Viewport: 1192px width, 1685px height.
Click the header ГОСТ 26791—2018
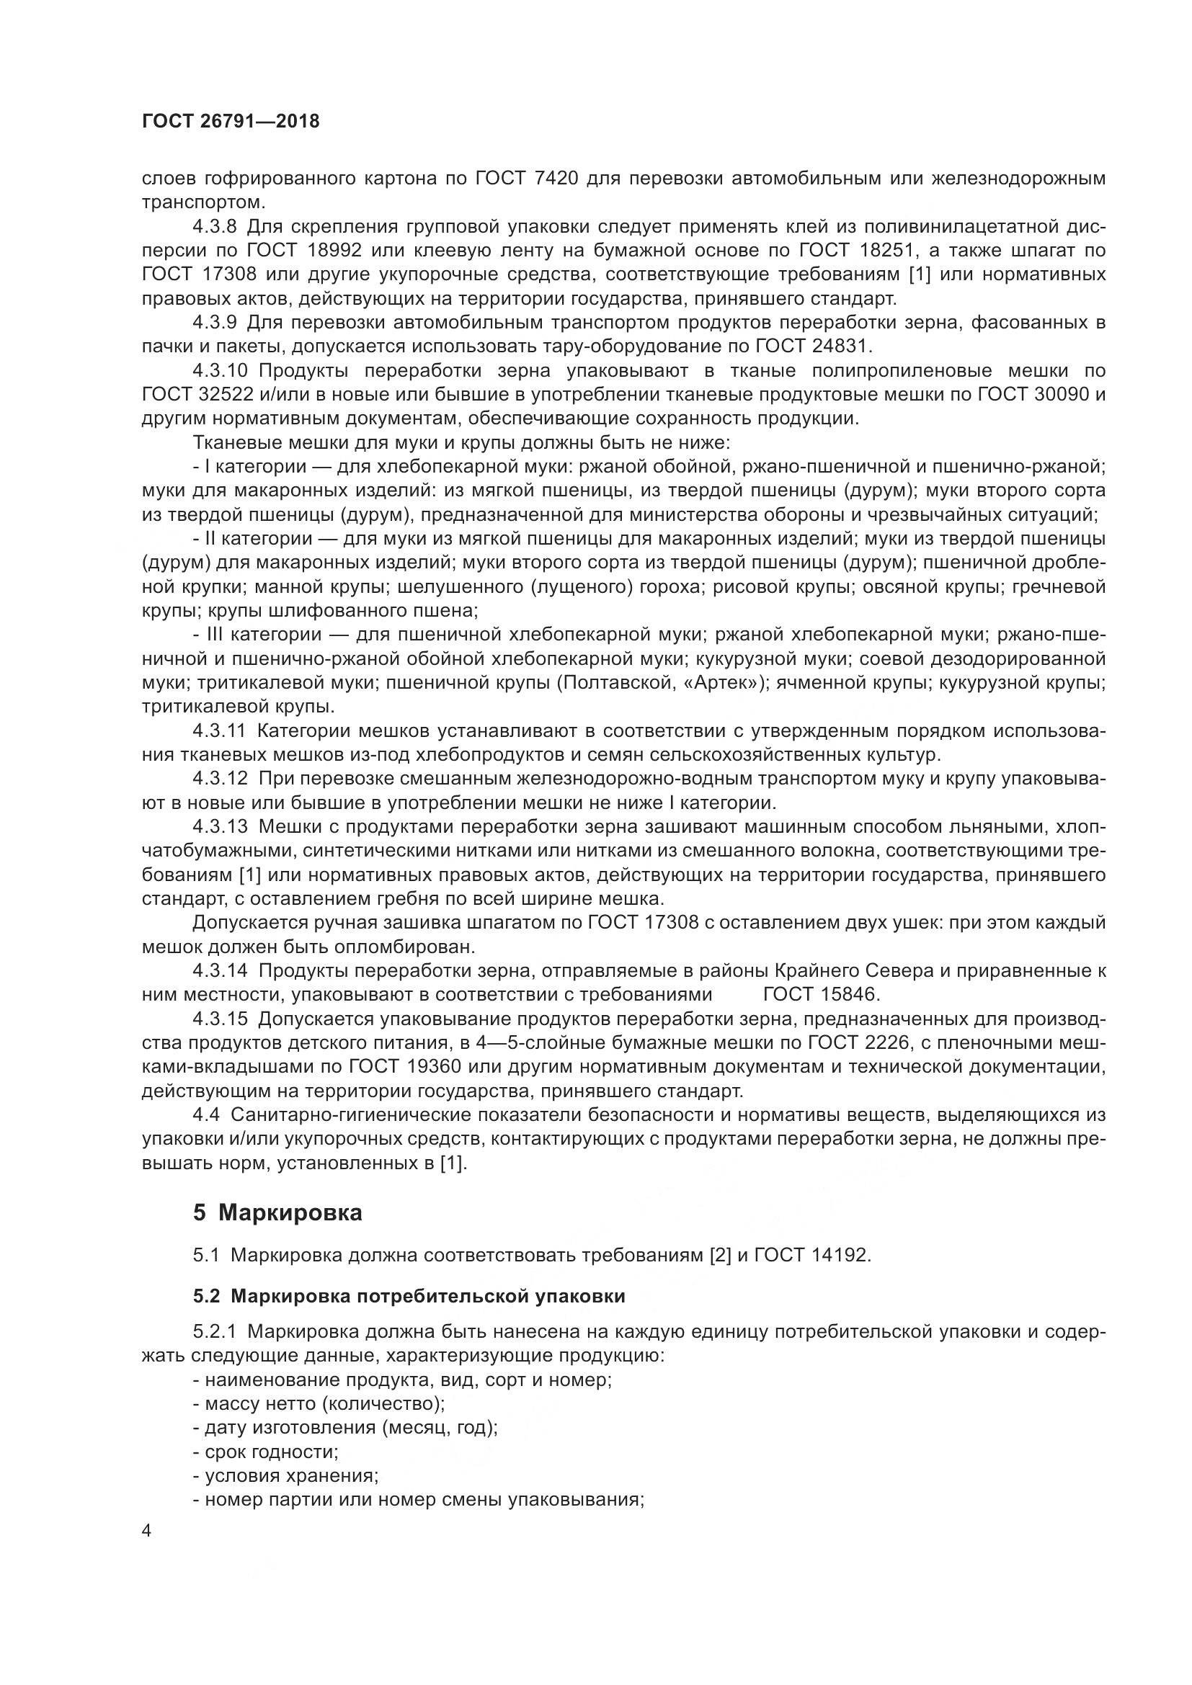(x=231, y=122)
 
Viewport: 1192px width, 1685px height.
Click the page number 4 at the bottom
(x=147, y=1531)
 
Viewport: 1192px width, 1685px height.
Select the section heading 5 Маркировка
(x=277, y=1212)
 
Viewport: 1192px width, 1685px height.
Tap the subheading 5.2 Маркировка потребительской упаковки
(x=409, y=1296)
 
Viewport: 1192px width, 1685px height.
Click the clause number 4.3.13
(x=221, y=826)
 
